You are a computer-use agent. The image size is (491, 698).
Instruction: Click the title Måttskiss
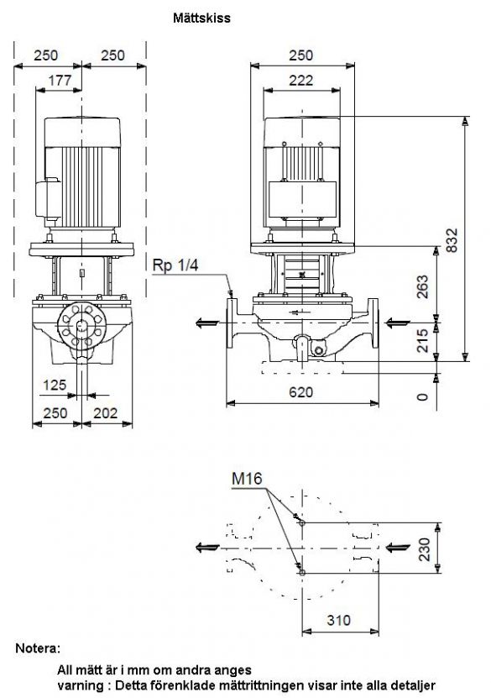tap(201, 18)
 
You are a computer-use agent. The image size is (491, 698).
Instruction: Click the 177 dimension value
tap(60, 80)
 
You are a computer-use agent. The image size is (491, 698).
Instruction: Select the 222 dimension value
tap(301, 81)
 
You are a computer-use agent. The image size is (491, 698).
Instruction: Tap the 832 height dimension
tap(452, 240)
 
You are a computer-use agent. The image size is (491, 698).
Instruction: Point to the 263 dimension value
tap(422, 286)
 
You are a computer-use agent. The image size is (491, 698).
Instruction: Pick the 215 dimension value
tap(422, 341)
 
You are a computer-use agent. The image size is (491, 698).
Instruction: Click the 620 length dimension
tap(301, 392)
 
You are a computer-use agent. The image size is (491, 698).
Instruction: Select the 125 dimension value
tap(55, 385)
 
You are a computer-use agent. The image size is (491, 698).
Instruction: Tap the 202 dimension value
tap(106, 413)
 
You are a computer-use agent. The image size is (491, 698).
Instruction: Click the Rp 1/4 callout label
tap(175, 265)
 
